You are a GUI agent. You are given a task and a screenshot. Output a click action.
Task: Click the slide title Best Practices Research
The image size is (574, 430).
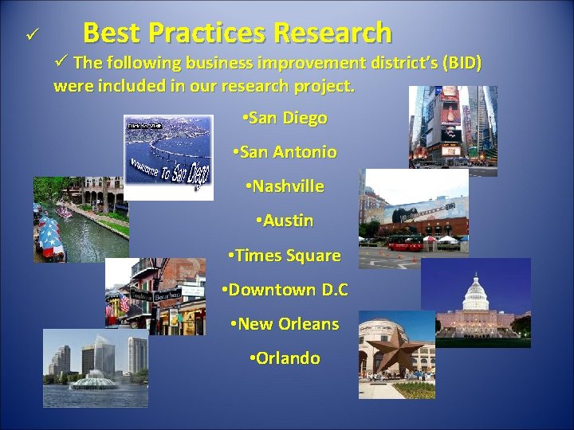tap(237, 33)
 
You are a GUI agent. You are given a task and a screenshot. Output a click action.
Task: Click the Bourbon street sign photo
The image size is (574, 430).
tap(155, 296)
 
